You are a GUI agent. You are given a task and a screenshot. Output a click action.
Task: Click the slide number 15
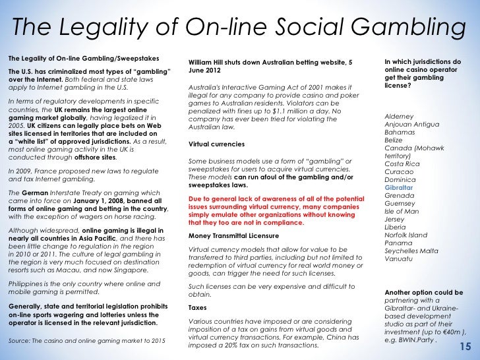pyautogui.click(x=465, y=347)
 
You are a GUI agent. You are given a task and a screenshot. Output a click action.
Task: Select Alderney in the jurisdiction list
pyautogui.click(x=400, y=116)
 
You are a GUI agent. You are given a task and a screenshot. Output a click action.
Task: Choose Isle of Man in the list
pyautogui.click(x=403, y=212)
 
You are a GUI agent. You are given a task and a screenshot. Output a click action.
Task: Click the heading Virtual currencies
pyautogui.click(x=216, y=144)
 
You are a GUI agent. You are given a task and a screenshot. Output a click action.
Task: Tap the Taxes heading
pyautogui.click(x=198, y=307)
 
